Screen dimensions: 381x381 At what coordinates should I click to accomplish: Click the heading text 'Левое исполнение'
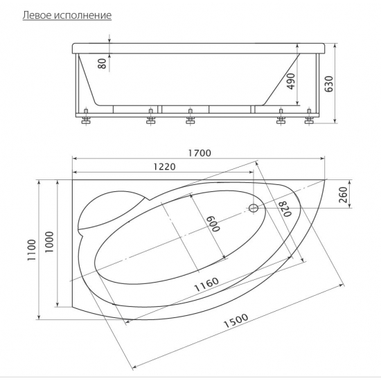click(x=67, y=15)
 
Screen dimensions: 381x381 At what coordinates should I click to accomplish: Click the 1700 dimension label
click(x=200, y=153)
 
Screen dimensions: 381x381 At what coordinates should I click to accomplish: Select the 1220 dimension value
click(x=164, y=166)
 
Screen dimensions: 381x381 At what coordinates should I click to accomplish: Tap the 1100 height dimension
click(x=32, y=250)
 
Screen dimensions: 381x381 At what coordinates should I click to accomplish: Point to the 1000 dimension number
click(x=49, y=242)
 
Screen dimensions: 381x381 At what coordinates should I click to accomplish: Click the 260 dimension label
click(x=343, y=195)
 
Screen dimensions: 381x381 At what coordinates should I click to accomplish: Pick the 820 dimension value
click(x=285, y=209)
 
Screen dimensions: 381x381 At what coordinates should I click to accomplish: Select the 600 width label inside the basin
click(x=213, y=224)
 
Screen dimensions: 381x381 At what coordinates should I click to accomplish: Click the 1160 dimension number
click(x=206, y=284)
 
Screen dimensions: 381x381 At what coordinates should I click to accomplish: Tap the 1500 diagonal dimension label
click(x=236, y=321)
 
